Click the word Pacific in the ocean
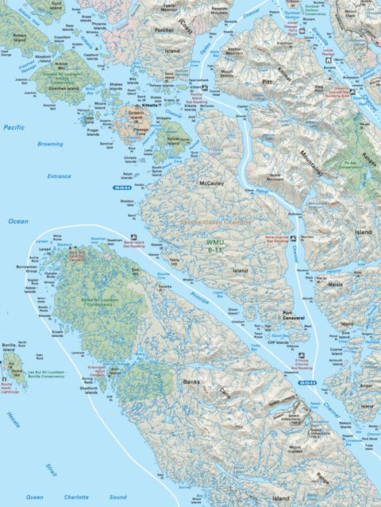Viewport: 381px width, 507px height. (x=13, y=127)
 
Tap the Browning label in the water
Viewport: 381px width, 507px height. (x=50, y=145)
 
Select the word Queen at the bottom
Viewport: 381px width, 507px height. (x=35, y=497)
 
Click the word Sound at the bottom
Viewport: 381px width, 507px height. (x=117, y=497)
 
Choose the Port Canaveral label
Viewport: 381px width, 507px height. (x=295, y=314)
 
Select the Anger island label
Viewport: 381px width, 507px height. (x=366, y=385)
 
